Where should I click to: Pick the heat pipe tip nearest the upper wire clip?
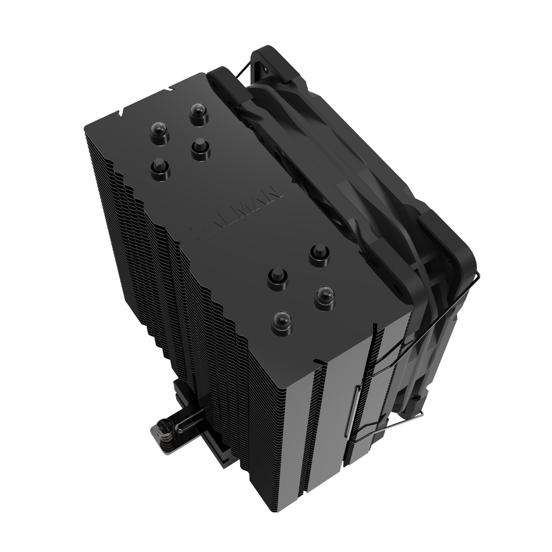(325, 298)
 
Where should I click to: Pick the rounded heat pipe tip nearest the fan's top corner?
(199, 114)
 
